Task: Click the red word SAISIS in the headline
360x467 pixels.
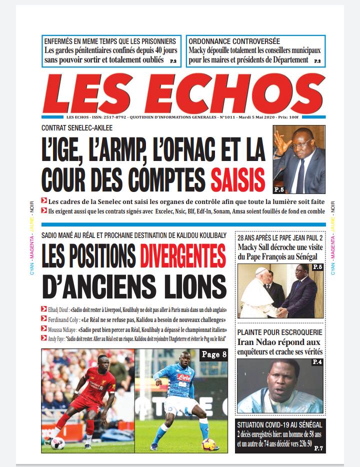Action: (x=237, y=179)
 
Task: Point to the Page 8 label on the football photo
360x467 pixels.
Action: (x=213, y=354)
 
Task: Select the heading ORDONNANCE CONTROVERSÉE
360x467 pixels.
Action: (x=234, y=41)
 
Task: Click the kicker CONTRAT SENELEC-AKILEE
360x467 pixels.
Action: (x=77, y=128)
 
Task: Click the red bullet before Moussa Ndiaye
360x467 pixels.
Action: (x=44, y=328)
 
